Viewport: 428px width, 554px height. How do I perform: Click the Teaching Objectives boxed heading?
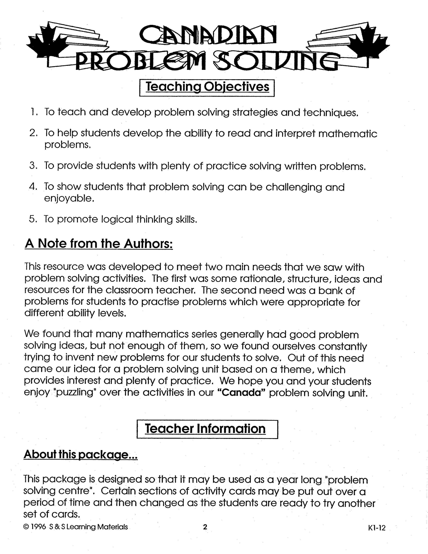click(x=207, y=87)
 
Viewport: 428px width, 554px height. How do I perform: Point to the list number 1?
click(x=33, y=112)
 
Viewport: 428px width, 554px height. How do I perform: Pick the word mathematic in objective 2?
click(x=348, y=133)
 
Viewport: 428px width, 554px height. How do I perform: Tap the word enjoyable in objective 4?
click(x=69, y=198)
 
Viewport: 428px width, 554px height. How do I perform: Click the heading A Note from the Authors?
click(x=99, y=244)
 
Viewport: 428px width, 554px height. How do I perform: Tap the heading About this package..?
click(x=81, y=454)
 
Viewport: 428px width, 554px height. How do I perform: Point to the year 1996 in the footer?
click(x=38, y=527)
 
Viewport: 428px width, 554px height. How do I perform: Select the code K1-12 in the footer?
click(x=377, y=528)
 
